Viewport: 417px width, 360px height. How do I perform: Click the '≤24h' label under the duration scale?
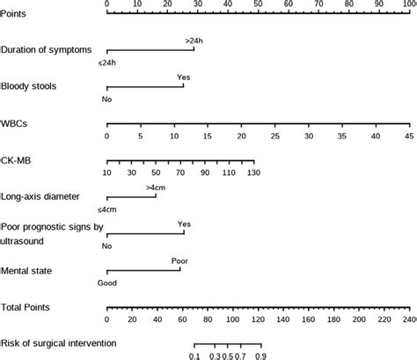(x=107, y=63)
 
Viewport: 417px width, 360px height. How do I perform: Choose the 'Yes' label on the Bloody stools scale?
(x=183, y=77)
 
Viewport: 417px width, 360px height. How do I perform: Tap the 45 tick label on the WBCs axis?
(x=408, y=136)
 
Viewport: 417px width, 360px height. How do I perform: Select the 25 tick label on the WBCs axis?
(x=274, y=136)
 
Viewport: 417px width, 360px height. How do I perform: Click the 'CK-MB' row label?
(x=17, y=161)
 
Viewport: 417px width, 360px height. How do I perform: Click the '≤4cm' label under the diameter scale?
(x=107, y=209)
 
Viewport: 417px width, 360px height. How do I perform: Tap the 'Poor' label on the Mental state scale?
(x=179, y=261)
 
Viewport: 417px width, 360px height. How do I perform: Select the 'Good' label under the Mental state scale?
(x=107, y=283)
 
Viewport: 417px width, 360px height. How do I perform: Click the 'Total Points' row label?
(x=26, y=307)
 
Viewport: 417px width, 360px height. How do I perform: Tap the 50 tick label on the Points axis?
(x=257, y=4)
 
